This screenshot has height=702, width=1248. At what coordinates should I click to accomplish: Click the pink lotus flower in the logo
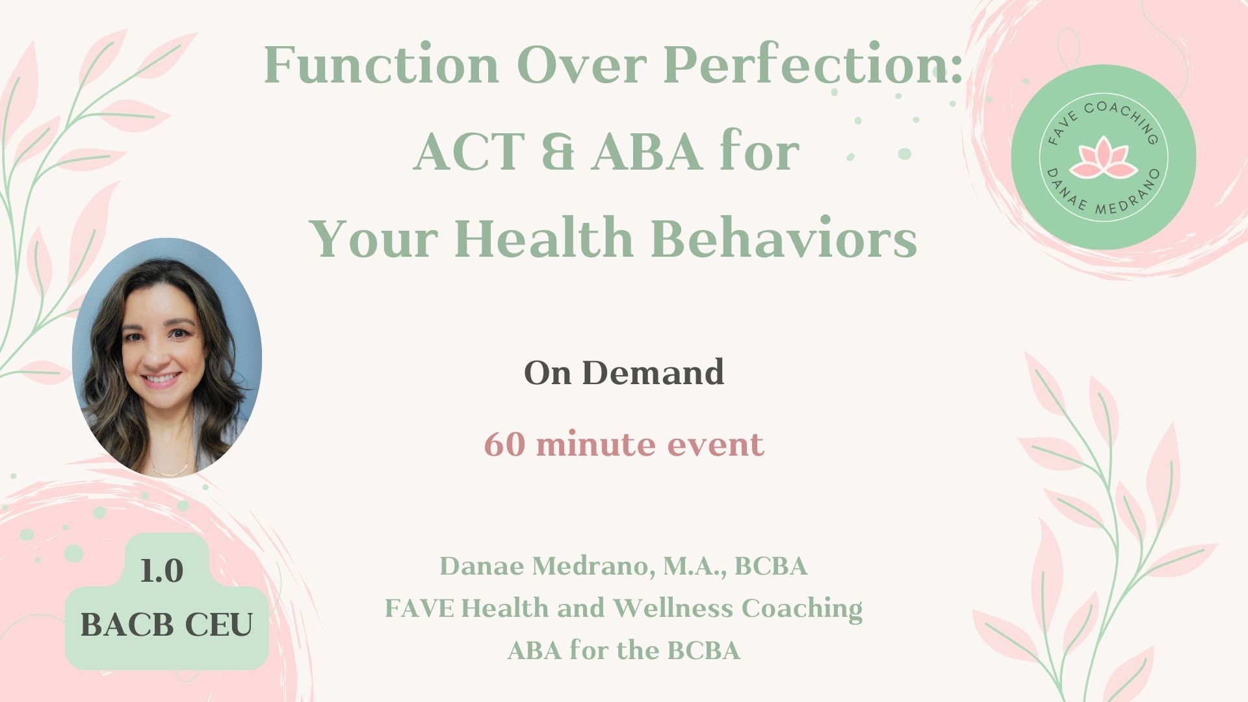pyautogui.click(x=1102, y=157)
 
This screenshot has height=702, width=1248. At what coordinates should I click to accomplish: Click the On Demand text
pyautogui.click(x=624, y=372)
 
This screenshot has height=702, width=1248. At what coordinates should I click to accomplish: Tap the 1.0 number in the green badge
pyautogui.click(x=162, y=571)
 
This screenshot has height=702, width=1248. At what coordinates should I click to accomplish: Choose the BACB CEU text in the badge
pyautogui.click(x=166, y=625)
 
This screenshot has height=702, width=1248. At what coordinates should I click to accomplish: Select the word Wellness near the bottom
pyautogui.click(x=673, y=608)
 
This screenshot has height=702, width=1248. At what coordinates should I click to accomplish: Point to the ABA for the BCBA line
pyautogui.click(x=624, y=650)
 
